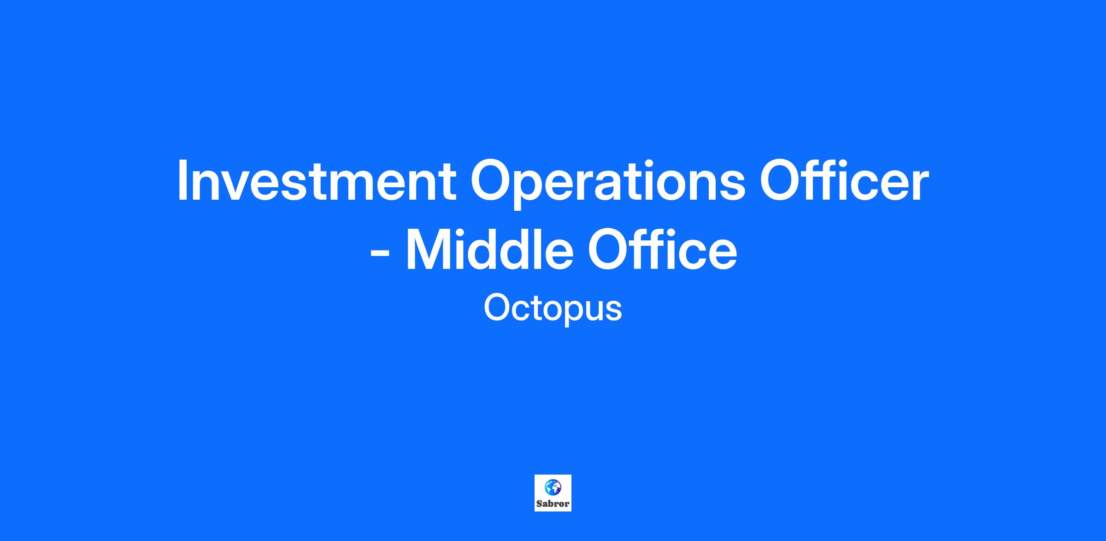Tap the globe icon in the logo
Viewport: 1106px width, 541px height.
click(x=553, y=487)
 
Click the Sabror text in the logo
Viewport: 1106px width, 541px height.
click(x=553, y=504)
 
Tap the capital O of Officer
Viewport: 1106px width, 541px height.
click(x=781, y=181)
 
